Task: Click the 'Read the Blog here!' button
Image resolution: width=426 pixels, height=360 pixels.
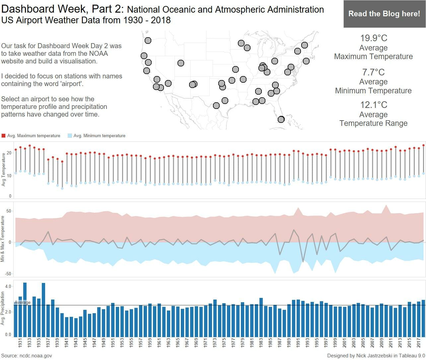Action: (384, 14)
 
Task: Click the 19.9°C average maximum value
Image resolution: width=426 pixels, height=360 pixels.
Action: (374, 38)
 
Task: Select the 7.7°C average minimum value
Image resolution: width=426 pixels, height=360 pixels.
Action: (374, 72)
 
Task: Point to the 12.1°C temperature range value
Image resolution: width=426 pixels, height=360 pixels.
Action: (374, 105)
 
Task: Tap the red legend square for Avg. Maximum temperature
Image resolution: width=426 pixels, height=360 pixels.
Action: (4, 136)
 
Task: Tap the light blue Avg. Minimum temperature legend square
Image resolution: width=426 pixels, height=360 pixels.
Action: (70, 136)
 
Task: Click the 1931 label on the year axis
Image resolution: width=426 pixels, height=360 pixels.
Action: (20, 343)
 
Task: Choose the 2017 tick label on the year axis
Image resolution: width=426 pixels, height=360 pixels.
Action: (419, 343)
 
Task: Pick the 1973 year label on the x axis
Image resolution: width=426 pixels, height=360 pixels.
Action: (215, 343)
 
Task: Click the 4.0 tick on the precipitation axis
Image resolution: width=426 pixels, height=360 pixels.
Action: (8, 286)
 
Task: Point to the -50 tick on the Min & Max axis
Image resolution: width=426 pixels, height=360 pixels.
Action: (8, 274)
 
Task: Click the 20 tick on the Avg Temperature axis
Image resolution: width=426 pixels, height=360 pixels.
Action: (9, 153)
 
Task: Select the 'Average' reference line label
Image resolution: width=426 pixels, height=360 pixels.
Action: (23, 303)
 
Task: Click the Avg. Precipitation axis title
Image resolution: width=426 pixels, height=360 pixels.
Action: (3, 308)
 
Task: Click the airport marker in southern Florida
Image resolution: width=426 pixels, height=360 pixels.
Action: (281, 119)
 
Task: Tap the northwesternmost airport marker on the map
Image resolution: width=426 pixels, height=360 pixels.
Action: (148, 41)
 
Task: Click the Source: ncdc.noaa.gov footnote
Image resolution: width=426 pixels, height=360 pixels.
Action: (27, 356)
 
